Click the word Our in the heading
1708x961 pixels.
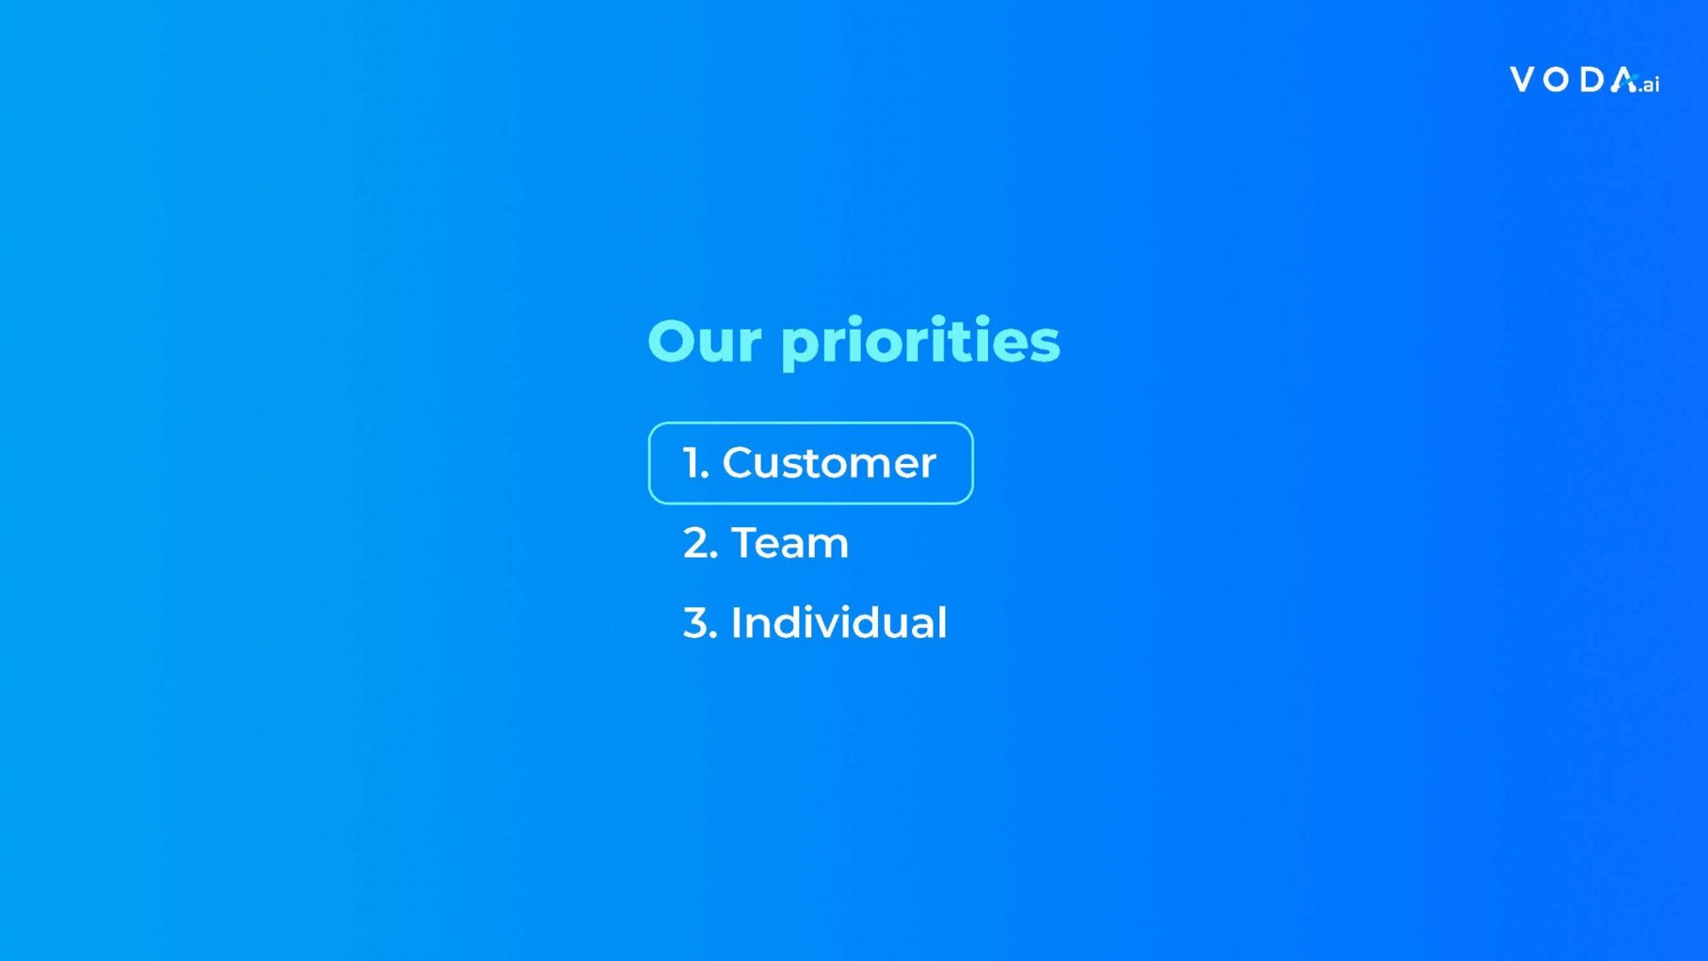[705, 341]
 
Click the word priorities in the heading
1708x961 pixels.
[921, 343]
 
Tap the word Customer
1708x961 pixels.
[829, 463]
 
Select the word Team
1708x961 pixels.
[790, 542]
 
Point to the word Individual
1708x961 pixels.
[839, 622]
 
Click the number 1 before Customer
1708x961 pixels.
[692, 463]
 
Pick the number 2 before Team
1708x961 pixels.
[697, 543]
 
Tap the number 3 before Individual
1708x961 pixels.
[697, 623]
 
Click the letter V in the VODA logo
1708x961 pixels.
[1523, 79]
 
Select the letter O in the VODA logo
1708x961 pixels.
[1557, 79]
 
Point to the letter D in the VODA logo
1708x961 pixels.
[1593, 79]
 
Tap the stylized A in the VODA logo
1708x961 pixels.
[1624, 79]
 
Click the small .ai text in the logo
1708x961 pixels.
[1649, 84]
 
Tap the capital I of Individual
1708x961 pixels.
[735, 622]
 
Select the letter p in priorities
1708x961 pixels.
[801, 349]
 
